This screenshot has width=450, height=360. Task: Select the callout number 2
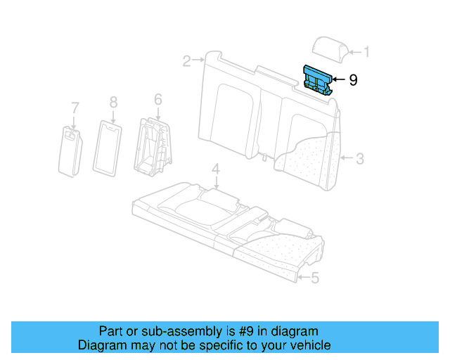pos(186,61)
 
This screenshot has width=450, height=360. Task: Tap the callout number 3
pos(359,159)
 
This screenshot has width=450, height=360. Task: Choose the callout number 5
pos(314,278)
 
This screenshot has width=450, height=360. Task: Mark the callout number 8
pos(113,103)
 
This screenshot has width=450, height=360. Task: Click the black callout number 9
pos(352,80)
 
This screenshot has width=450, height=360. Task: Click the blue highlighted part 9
pos(319,78)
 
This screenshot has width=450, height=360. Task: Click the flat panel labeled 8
pos(108,148)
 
